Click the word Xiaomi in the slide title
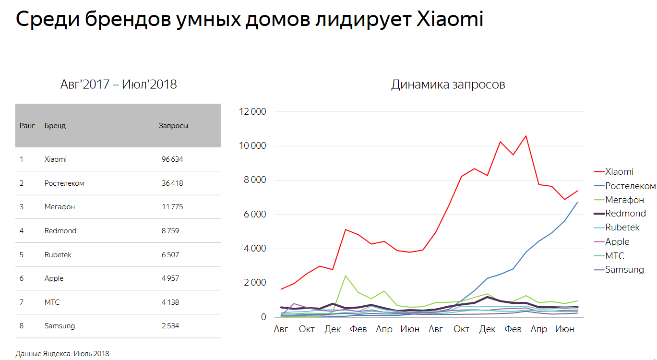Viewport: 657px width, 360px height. pos(450,19)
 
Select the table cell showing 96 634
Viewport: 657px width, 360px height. pos(172,159)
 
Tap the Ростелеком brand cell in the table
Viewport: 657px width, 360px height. pos(64,183)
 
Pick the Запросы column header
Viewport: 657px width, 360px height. pos(173,126)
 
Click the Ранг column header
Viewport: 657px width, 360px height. pos(27,126)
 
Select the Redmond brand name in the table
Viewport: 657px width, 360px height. pos(60,231)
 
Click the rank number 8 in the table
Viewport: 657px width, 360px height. pos(22,326)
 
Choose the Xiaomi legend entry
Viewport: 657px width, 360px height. pos(619,172)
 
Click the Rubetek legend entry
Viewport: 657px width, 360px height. pos(622,228)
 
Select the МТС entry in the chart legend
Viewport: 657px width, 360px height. pos(615,256)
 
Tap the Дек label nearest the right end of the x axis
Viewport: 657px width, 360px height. pos(487,329)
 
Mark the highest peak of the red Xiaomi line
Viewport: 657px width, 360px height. pos(526,136)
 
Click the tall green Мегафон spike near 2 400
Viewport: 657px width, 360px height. pos(346,276)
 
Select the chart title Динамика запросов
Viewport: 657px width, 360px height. pos(448,85)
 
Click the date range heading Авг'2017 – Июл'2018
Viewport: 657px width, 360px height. pos(119,84)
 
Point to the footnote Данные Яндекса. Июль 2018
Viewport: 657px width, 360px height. pos(62,354)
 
